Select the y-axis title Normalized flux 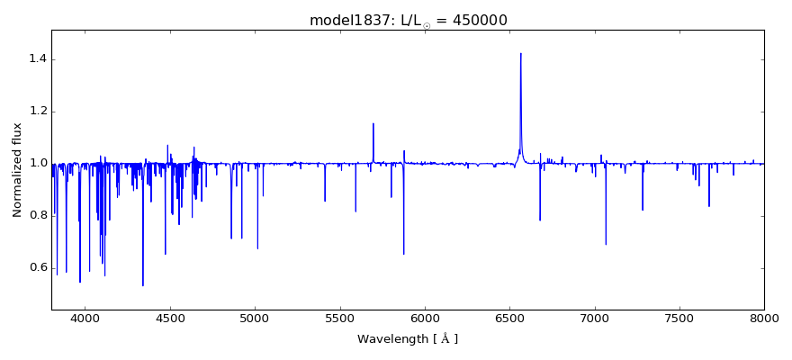click(x=18, y=170)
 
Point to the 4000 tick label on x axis click(x=85, y=319)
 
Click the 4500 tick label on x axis click(x=170, y=319)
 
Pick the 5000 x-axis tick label click(x=255, y=319)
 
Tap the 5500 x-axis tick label click(x=339, y=319)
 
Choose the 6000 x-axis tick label click(x=425, y=319)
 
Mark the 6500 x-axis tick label click(x=509, y=319)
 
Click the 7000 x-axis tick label click(x=594, y=319)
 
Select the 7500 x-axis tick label click(x=679, y=319)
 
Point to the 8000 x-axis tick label click(x=763, y=319)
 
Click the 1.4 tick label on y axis click(x=36, y=59)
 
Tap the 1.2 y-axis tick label click(x=36, y=112)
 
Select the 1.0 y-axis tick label click(x=36, y=164)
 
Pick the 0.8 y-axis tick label click(x=36, y=216)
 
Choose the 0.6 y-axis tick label click(x=36, y=267)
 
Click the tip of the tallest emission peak click(x=520, y=53)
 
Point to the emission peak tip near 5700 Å click(x=373, y=123)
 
